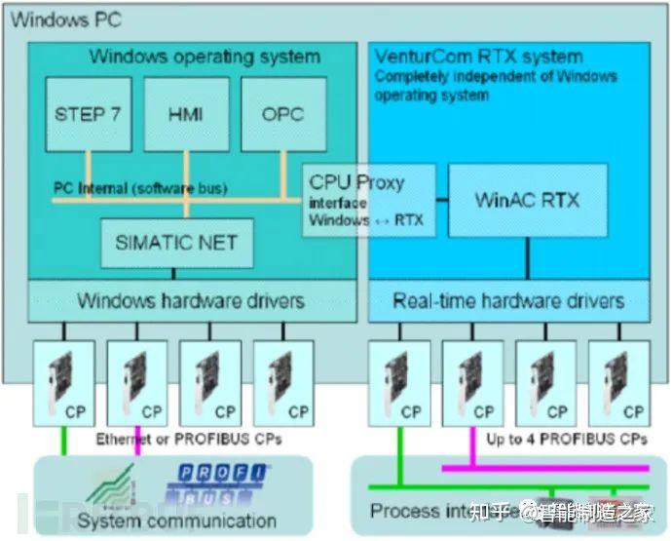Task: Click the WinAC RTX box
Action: coord(527,201)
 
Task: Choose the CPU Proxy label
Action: coord(356,182)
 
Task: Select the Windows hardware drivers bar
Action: coord(191,300)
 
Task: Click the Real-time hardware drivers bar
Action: coord(507,300)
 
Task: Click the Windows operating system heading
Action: coord(204,57)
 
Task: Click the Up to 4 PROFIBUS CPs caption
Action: coord(566,440)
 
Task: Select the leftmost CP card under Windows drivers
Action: coord(63,382)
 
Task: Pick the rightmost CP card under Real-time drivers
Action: coord(619,382)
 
